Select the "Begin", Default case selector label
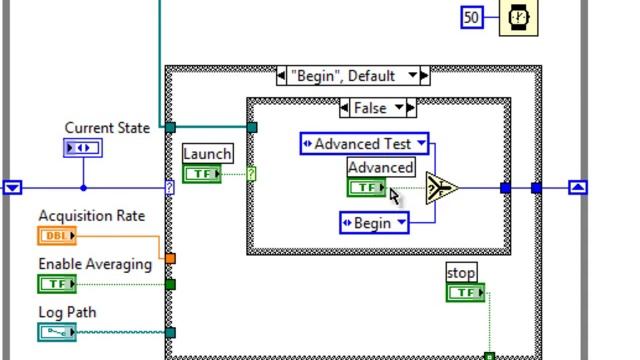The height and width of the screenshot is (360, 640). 353,76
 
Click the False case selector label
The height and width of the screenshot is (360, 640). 377,107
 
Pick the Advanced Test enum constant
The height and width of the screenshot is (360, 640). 365,144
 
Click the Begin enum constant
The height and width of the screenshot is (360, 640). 374,223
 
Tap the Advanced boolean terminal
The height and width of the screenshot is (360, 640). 366,187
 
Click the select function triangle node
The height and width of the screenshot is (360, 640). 441,187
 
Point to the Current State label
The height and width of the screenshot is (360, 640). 107,128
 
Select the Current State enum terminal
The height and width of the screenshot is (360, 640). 82,148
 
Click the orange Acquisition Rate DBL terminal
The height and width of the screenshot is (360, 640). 57,236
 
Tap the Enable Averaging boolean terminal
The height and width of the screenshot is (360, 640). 57,284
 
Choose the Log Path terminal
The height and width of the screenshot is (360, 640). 57,332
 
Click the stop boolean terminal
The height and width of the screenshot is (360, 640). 465,293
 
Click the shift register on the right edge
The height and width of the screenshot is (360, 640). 578,187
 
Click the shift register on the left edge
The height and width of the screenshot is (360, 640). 12,187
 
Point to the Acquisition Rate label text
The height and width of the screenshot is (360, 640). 91,216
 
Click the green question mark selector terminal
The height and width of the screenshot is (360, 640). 251,174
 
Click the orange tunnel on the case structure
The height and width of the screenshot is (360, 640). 170,259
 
